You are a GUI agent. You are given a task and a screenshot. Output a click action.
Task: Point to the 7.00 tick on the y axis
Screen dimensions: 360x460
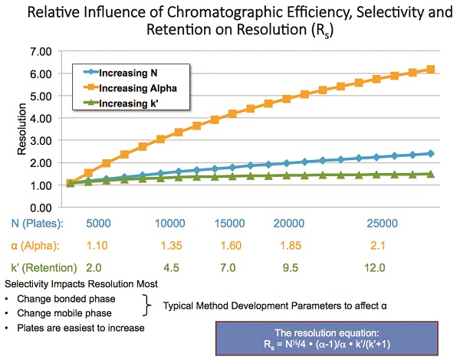(x=38, y=51)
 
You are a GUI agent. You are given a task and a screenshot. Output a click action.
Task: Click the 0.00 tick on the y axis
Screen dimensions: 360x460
(x=38, y=208)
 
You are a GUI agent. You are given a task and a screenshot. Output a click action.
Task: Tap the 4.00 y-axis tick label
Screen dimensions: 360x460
(x=38, y=118)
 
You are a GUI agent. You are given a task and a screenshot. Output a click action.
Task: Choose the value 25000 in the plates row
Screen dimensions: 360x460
(x=382, y=224)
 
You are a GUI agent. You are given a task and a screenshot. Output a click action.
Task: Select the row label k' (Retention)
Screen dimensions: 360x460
(x=44, y=267)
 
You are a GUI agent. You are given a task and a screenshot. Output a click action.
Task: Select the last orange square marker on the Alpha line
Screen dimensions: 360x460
(x=431, y=70)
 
